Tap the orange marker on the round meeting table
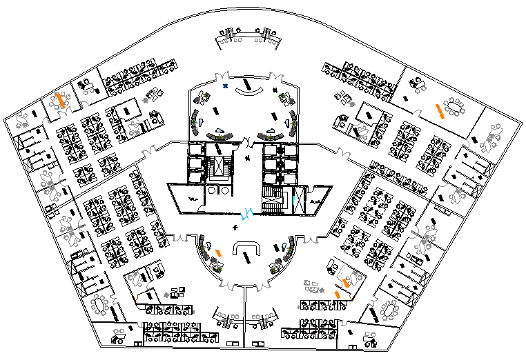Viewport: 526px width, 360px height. [x=61, y=101]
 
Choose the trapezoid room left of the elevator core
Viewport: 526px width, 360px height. [x=184, y=196]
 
